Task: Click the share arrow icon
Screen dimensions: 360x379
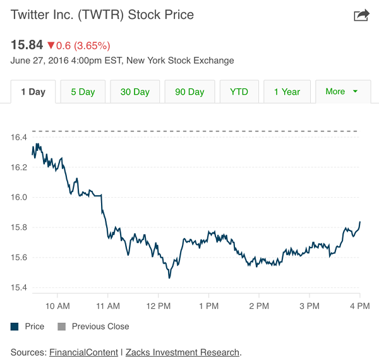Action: click(x=361, y=15)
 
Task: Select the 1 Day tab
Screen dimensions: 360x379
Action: click(x=33, y=92)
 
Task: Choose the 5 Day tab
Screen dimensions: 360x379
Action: click(x=83, y=92)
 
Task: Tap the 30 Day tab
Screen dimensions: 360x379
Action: click(x=135, y=92)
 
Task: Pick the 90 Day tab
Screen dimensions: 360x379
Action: click(x=189, y=92)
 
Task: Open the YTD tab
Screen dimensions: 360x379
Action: click(x=239, y=92)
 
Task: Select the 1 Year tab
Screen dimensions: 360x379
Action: click(x=287, y=92)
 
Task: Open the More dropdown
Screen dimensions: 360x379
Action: click(x=342, y=92)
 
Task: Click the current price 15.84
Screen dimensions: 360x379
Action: click(x=27, y=45)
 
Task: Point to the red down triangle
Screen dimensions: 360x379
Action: click(x=51, y=45)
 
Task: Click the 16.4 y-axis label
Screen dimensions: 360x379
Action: click(x=19, y=138)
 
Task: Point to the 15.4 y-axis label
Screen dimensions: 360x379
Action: click(x=19, y=288)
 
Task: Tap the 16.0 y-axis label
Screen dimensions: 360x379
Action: click(x=19, y=198)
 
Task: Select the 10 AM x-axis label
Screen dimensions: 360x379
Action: click(x=57, y=306)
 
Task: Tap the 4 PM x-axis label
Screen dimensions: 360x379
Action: click(x=359, y=306)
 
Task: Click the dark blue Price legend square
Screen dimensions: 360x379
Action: click(x=15, y=327)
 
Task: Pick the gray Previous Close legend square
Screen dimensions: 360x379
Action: click(x=61, y=327)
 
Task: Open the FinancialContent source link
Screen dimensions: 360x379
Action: click(x=83, y=352)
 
